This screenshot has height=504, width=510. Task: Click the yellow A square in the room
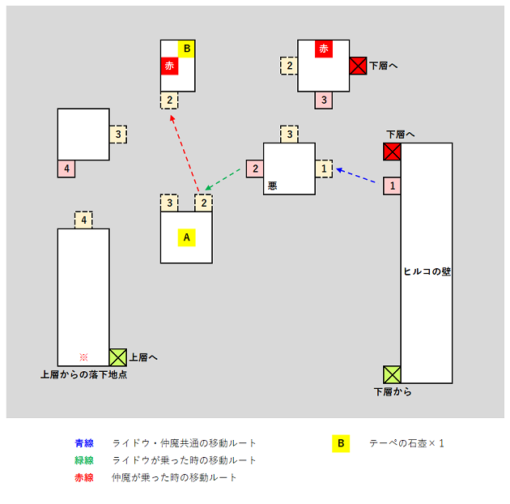tap(186, 237)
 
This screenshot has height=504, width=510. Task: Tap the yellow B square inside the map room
tap(186, 49)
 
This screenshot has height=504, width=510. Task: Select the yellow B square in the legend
tap(341, 443)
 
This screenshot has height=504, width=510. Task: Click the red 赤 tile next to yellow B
tap(169, 66)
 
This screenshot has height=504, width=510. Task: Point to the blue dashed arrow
tap(357, 176)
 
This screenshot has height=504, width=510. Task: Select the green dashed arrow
tap(223, 179)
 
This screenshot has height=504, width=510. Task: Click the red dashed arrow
tap(185, 153)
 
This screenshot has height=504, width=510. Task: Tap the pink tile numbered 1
tap(392, 186)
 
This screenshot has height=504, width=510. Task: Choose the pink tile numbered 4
tap(66, 169)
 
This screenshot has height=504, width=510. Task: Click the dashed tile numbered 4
tap(83, 220)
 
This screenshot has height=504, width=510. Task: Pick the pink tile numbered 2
tap(255, 169)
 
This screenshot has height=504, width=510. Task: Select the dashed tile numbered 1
tap(324, 169)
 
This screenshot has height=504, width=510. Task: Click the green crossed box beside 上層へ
tap(118, 357)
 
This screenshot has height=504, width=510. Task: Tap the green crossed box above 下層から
tap(392, 374)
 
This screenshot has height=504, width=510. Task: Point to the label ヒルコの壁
tap(427, 271)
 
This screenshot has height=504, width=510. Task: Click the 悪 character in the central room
tap(272, 186)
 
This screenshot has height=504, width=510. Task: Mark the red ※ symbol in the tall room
tap(83, 357)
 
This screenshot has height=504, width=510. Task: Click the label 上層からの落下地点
tap(83, 374)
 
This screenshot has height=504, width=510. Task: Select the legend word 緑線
tap(84, 460)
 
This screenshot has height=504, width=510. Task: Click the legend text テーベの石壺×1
tap(406, 443)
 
